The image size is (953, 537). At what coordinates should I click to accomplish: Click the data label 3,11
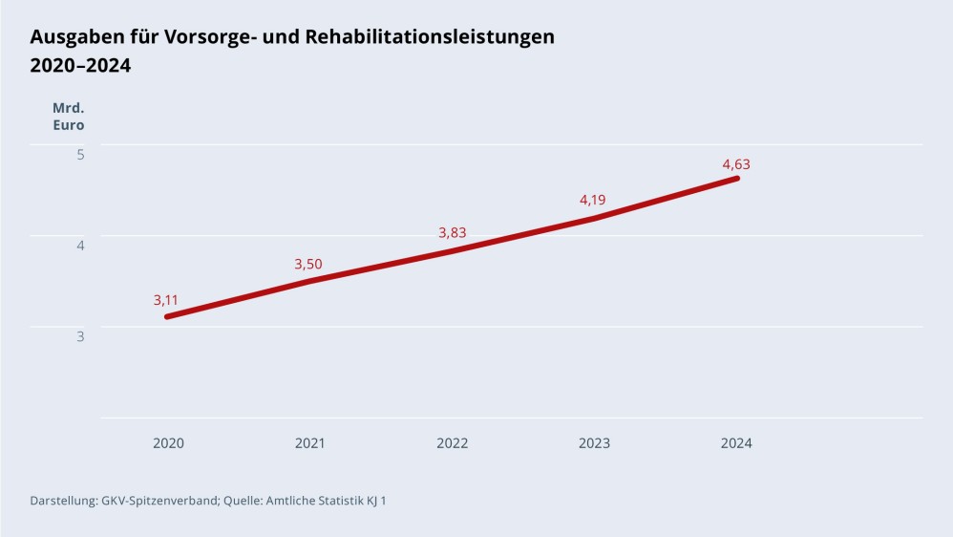point(166,300)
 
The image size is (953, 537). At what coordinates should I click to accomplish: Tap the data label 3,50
point(307,265)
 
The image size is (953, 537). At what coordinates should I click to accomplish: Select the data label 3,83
point(452,233)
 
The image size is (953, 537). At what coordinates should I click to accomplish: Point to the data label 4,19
point(593,200)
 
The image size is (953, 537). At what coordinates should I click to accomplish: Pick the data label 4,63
point(736,164)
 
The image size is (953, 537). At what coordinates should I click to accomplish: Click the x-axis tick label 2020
point(168,443)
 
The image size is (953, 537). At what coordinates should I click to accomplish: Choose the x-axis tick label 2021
point(309,443)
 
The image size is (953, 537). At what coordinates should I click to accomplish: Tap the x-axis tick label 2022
point(452,443)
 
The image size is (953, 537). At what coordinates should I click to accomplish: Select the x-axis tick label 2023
point(594,443)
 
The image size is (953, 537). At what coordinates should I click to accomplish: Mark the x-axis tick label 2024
point(736,443)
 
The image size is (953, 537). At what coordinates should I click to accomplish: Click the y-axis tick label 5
point(80,154)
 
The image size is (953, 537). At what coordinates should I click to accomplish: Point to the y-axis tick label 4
point(80,245)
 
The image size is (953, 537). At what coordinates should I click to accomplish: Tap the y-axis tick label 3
point(80,336)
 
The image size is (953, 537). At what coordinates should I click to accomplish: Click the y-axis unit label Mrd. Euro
point(68,117)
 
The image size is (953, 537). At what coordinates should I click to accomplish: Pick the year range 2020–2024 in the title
point(80,66)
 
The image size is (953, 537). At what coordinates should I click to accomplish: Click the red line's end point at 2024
point(736,179)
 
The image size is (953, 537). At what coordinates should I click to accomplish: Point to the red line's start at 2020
point(167,316)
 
